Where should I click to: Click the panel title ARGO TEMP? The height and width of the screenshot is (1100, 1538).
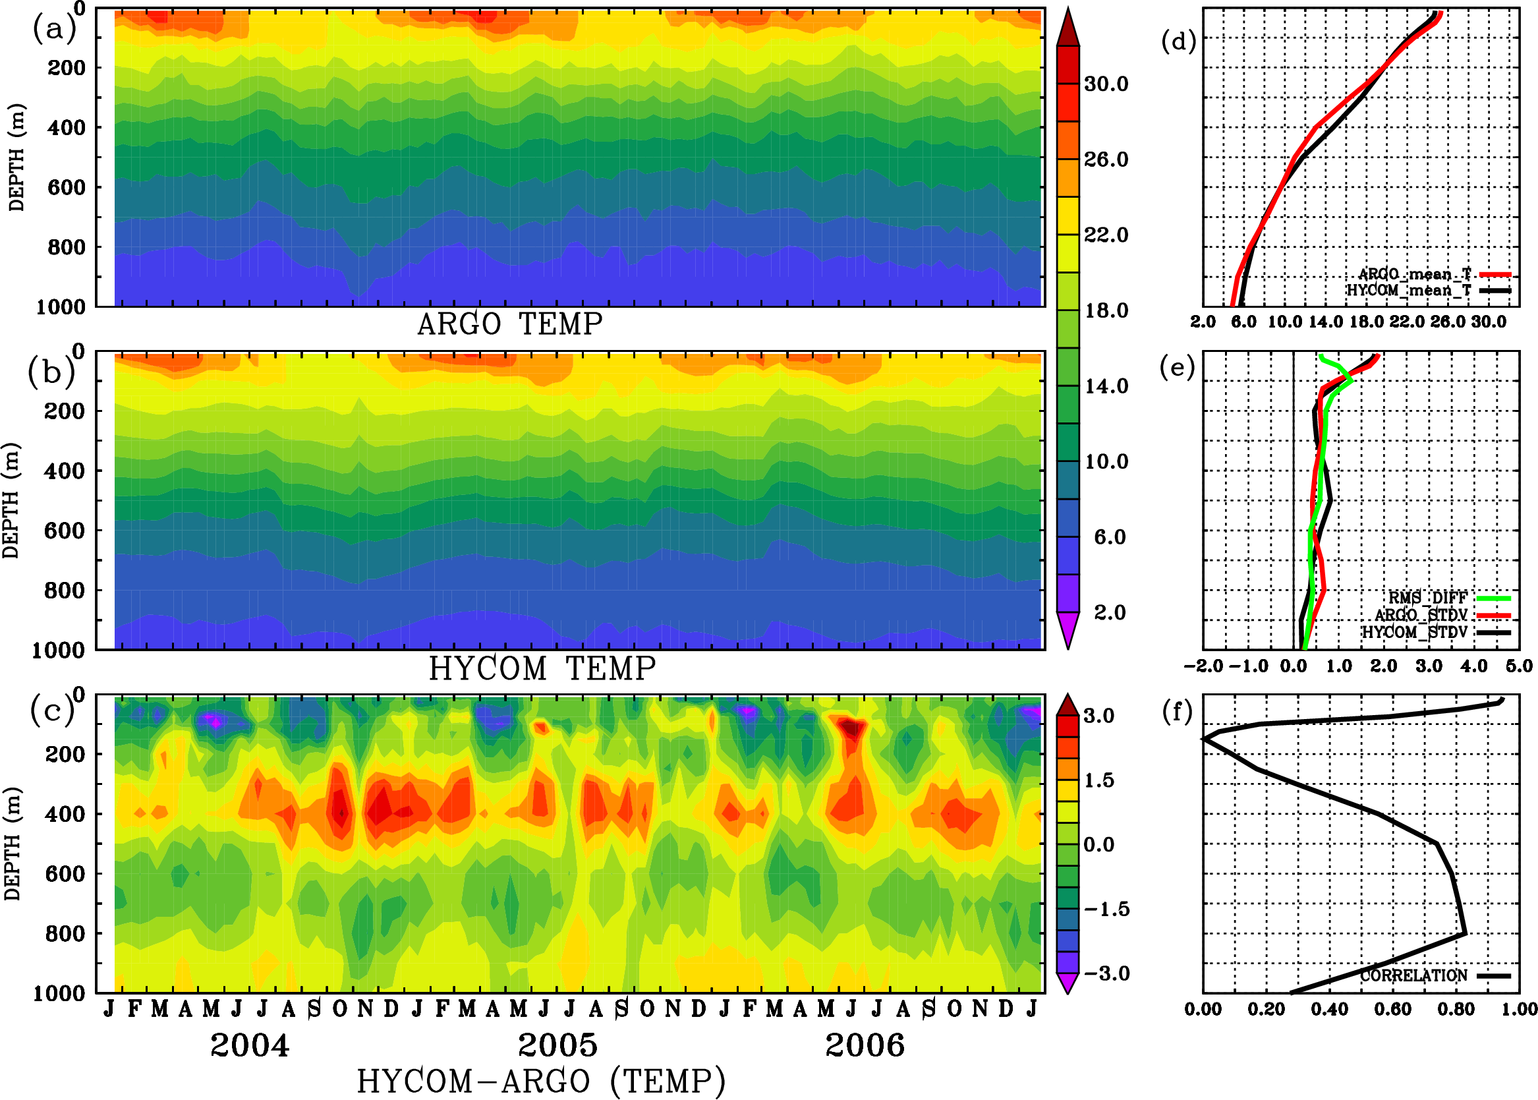click(x=510, y=324)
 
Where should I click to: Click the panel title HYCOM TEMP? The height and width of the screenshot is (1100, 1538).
click(x=542, y=668)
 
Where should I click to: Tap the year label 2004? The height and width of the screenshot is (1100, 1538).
click(x=250, y=1045)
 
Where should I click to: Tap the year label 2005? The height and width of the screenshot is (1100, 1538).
click(x=558, y=1045)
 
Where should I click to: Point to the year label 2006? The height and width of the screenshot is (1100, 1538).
click(x=865, y=1045)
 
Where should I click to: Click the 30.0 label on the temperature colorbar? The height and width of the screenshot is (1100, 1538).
click(x=1106, y=84)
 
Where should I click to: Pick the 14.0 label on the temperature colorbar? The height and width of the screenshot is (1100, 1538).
click(x=1106, y=386)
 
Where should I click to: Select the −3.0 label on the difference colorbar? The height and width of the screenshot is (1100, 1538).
click(x=1106, y=973)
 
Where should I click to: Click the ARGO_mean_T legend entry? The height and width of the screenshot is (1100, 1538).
click(x=1415, y=274)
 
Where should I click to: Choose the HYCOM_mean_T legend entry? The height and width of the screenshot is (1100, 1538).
click(x=1409, y=291)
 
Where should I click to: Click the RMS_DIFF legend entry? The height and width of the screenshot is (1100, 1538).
click(x=1427, y=598)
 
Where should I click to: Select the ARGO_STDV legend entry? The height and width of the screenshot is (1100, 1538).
click(x=1421, y=615)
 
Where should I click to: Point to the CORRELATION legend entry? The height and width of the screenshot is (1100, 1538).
click(x=1414, y=975)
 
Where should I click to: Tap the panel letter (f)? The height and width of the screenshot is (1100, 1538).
click(x=1177, y=711)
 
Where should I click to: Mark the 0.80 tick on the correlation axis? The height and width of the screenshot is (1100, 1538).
click(x=1456, y=1009)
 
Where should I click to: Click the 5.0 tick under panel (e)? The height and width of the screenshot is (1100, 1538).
click(x=1519, y=666)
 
